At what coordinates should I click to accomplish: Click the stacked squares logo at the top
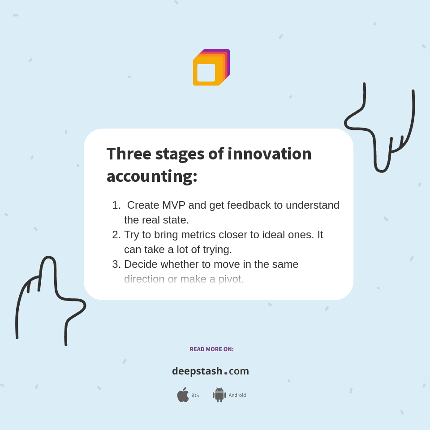click(211, 68)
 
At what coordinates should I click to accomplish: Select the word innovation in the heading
click(269, 154)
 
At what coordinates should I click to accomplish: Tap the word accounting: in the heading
click(152, 176)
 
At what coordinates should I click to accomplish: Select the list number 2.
click(116, 235)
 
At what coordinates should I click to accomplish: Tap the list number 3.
click(116, 264)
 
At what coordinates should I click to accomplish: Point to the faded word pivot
click(231, 279)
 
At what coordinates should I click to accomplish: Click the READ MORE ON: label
click(211, 349)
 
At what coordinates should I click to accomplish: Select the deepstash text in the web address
click(197, 371)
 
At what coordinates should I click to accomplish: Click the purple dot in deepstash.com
click(226, 373)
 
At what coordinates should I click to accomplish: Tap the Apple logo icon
click(183, 395)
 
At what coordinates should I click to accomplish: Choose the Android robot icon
click(219, 395)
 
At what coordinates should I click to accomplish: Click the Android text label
click(237, 395)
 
